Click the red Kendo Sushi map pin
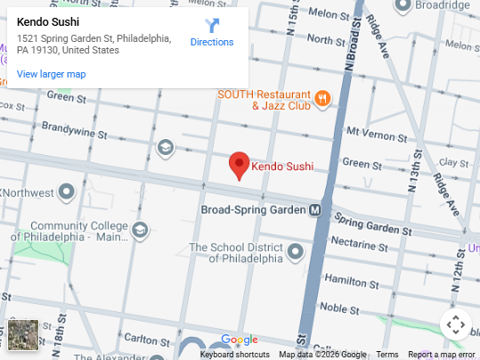pos(238,165)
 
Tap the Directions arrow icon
pos(212,26)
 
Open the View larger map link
pos(51,74)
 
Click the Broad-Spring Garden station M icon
pos(314,210)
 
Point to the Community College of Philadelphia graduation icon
pos(140,231)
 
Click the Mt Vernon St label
pos(376,132)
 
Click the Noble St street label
pos(339,307)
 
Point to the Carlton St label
pos(141,339)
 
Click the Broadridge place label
pos(440,5)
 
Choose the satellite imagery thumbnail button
pos(23,335)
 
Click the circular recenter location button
pos(455,325)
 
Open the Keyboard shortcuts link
pos(234,354)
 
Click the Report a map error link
pos(442,354)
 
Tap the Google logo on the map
pos(239,340)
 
